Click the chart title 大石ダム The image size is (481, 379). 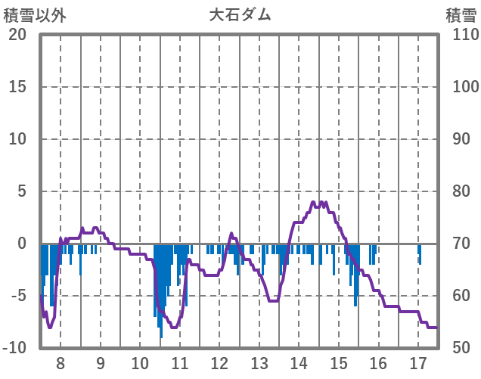(240, 15)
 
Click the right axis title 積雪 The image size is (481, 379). (461, 15)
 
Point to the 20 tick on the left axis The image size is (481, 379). (17, 35)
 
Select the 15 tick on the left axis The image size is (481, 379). (17, 87)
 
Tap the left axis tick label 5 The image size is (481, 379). (23, 191)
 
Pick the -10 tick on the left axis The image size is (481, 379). (16, 348)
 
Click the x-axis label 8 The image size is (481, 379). (61, 362)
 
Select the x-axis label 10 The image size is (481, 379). (140, 362)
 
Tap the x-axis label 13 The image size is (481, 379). (259, 362)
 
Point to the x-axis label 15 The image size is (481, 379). (339, 362)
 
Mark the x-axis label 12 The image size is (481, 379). (219, 362)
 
